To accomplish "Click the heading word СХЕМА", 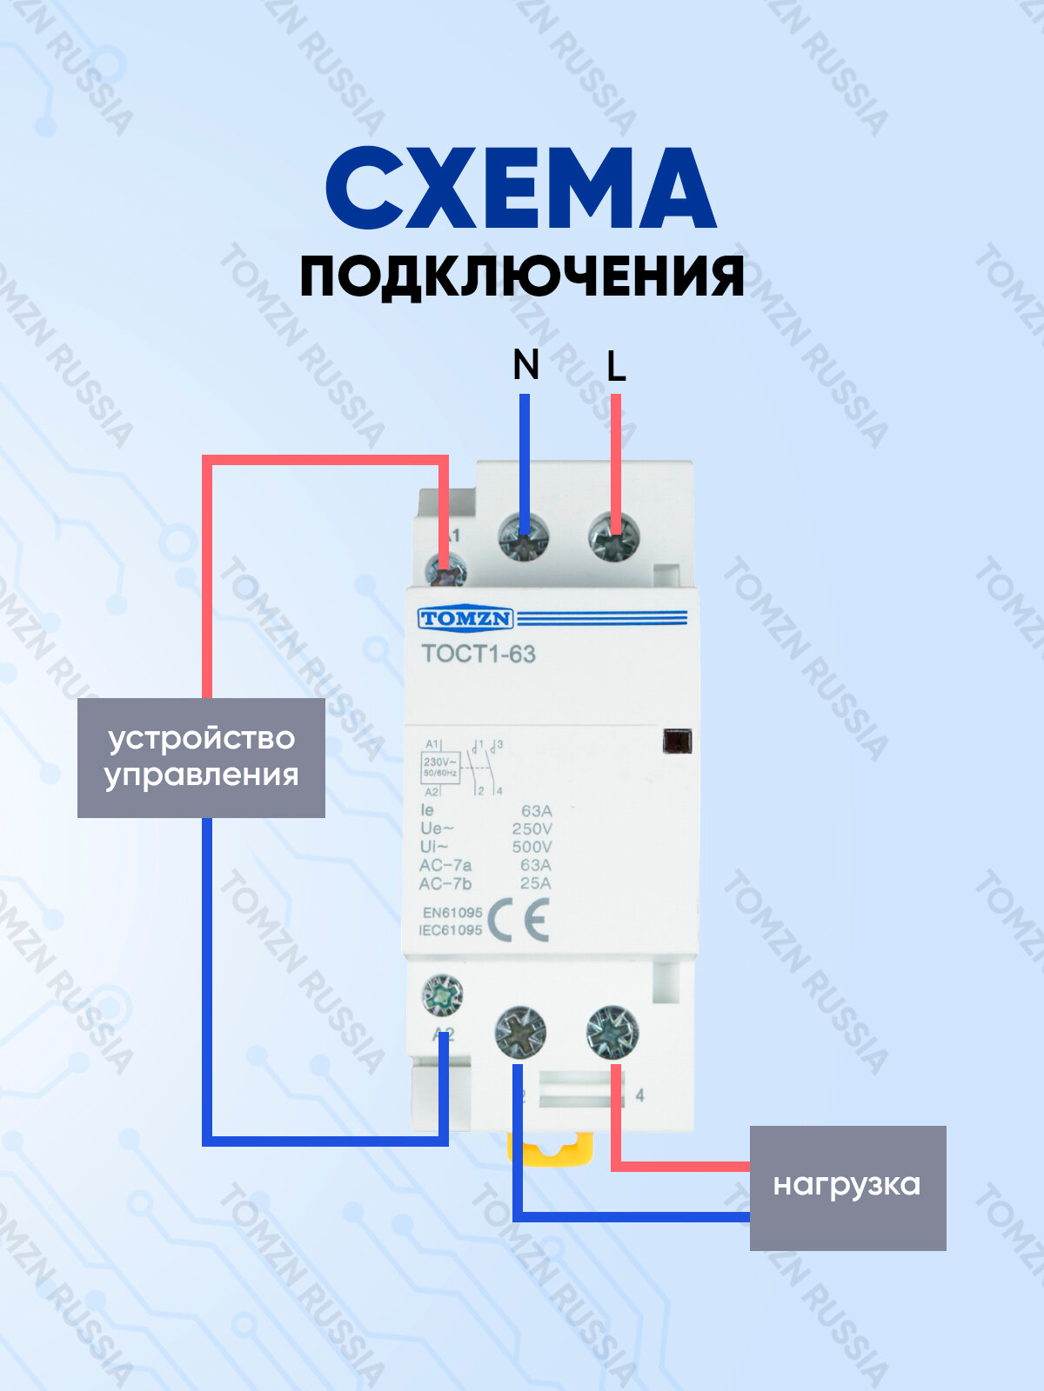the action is [520, 189].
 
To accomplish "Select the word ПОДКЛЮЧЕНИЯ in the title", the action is [522, 277].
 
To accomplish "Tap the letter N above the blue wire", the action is [525, 365].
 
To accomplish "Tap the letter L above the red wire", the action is [616, 367].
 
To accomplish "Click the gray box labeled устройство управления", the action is [201, 757].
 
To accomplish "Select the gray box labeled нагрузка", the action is [847, 1187].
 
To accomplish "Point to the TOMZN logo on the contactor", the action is [465, 619].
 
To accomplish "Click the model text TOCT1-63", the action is [478, 654].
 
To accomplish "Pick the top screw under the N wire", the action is [524, 537].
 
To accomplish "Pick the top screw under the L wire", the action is [614, 537].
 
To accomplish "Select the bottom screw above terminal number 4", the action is [612, 1034].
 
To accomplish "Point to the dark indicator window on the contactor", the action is [677, 742].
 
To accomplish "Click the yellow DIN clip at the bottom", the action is [551, 1150].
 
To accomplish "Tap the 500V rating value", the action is [532, 847].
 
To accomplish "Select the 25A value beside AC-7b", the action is [535, 883].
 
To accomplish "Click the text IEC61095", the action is [451, 930].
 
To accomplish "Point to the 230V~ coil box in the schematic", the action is [440, 767].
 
